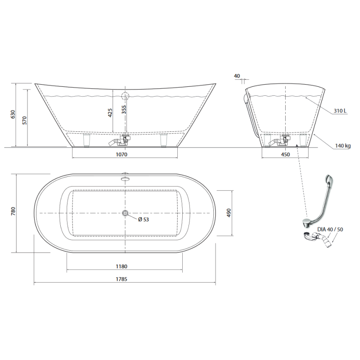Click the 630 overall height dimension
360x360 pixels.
point(13,114)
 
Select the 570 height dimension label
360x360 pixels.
point(24,120)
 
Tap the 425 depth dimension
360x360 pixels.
point(110,113)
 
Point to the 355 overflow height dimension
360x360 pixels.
point(124,109)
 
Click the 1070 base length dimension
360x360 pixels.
point(121,154)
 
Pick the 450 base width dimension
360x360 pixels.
point(285,154)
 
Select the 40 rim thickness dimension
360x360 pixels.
point(237,76)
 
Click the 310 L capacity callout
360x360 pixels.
point(340,111)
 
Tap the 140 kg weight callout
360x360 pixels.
point(343,146)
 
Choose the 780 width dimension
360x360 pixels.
point(13,211)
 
